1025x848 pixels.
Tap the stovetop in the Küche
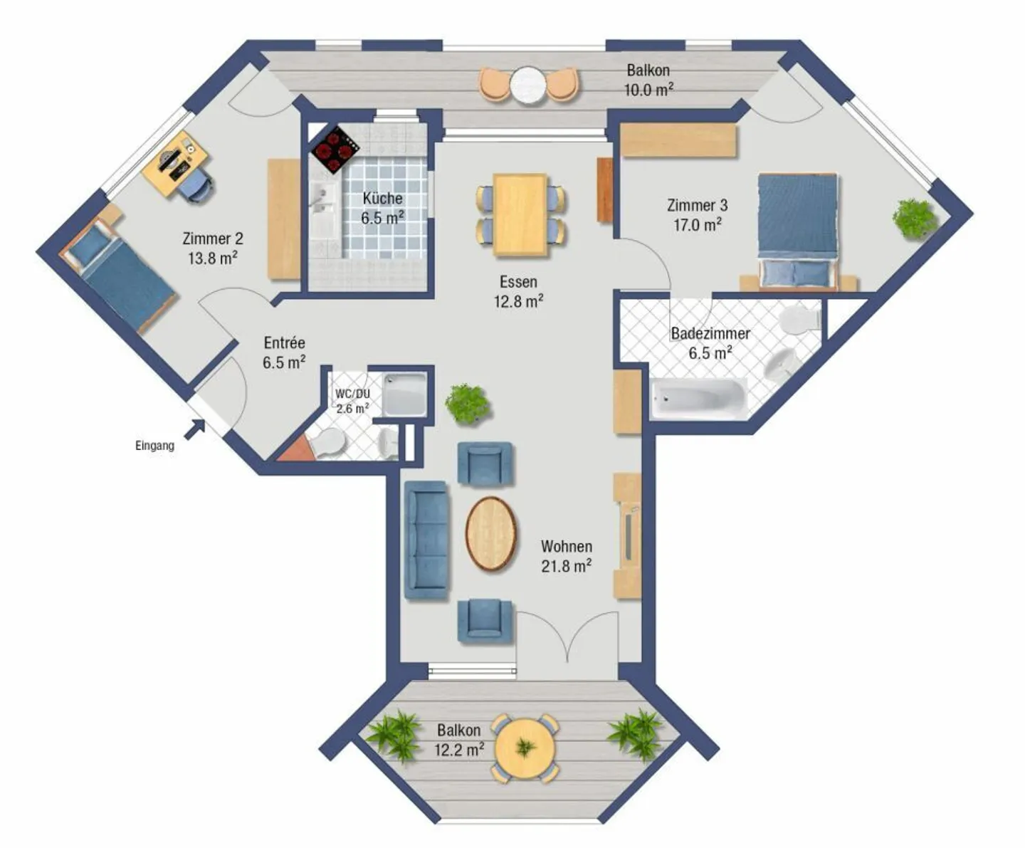click(335, 150)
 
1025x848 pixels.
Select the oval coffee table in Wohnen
click(491, 534)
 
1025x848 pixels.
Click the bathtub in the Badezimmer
click(699, 398)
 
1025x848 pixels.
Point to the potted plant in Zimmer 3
click(915, 219)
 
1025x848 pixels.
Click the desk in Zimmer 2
click(175, 164)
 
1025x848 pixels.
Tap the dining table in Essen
click(520, 214)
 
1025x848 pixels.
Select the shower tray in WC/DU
click(404, 394)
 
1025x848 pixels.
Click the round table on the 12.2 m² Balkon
click(525, 748)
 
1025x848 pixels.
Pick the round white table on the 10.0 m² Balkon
click(527, 84)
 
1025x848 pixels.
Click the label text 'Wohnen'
click(566, 546)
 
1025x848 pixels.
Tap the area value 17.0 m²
click(698, 225)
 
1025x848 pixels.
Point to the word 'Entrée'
click(284, 342)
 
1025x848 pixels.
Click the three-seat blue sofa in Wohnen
click(426, 540)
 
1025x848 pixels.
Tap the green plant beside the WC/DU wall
click(467, 404)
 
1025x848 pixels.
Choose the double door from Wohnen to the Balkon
click(567, 637)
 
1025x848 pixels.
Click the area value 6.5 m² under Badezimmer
click(710, 352)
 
